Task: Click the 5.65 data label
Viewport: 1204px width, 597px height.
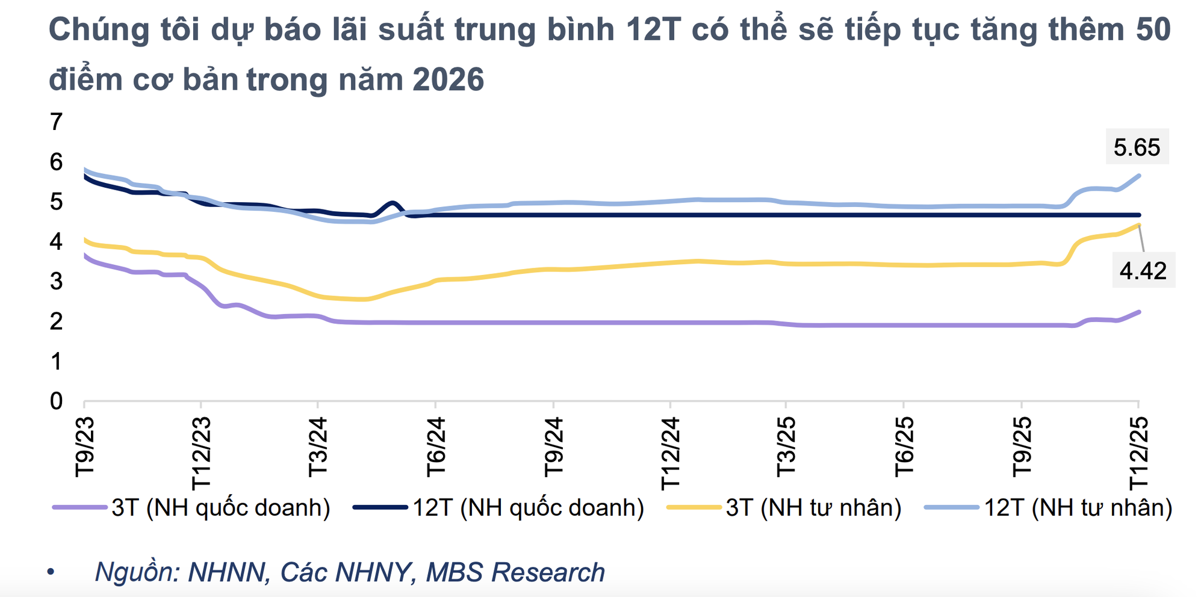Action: tap(1137, 147)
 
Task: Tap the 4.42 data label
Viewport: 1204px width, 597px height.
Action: tap(1143, 271)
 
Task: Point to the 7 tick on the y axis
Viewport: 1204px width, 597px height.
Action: tap(56, 122)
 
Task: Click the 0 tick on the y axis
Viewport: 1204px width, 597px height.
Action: tap(56, 401)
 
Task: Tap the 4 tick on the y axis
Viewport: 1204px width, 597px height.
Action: tap(56, 241)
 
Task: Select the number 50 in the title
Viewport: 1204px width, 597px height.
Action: tap(1153, 29)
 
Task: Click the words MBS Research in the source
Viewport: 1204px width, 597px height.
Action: tap(515, 572)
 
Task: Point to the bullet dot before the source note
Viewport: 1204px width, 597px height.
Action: tap(51, 571)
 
